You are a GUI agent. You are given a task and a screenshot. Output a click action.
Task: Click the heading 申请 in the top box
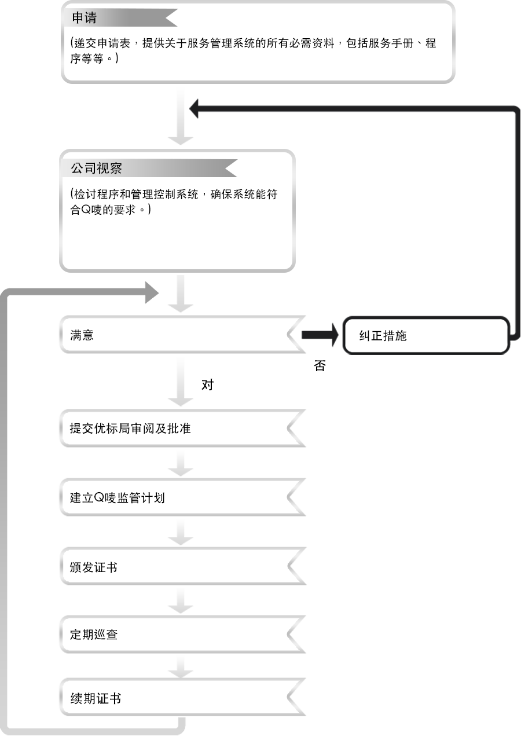tap(84, 18)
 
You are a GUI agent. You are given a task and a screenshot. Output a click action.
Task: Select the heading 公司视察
tap(96, 168)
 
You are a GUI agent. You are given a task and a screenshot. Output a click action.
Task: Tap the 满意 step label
tap(82, 335)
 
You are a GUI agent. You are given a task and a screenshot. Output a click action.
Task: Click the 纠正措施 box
tap(425, 335)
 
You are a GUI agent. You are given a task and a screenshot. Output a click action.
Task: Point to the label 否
tap(319, 366)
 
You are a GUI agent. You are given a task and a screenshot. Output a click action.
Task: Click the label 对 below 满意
tap(207, 385)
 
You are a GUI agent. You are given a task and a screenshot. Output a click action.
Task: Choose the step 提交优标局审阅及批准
tap(130, 429)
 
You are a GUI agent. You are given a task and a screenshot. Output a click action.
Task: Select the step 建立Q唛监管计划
tap(118, 497)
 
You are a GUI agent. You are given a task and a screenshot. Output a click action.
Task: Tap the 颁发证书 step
tap(94, 567)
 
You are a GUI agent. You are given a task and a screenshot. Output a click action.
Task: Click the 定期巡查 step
tap(94, 635)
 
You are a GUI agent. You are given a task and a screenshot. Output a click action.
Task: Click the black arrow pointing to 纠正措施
tap(319, 335)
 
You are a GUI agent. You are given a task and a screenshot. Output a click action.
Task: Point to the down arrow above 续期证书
tap(181, 667)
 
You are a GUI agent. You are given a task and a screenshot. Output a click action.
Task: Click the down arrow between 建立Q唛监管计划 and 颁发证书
tap(181, 531)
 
